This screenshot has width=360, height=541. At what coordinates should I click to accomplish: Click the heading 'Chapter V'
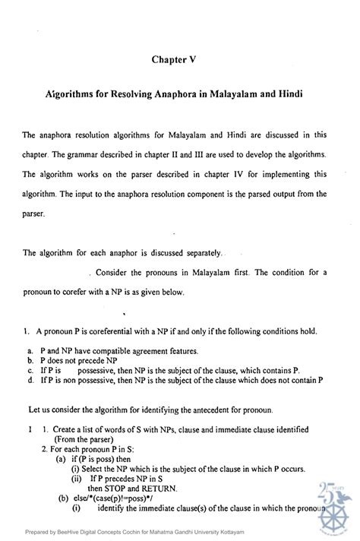coord(179,58)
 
